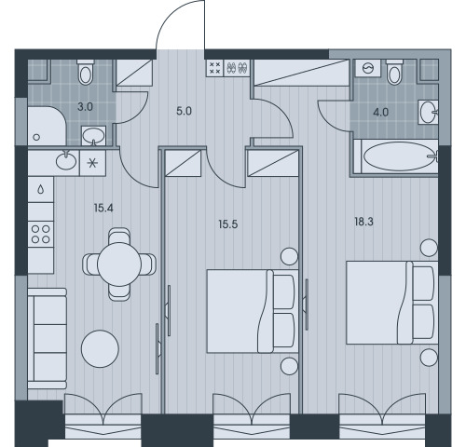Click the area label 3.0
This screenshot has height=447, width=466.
coord(85,107)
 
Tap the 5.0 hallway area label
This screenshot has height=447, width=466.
coord(184,111)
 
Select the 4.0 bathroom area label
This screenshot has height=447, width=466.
coord(380,113)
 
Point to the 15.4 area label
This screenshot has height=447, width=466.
coord(103,208)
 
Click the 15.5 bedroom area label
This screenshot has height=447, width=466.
coord(228,224)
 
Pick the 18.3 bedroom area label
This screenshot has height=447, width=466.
coord(363,222)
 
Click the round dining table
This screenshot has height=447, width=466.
coord(119,264)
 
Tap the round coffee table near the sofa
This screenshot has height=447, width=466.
coord(100,348)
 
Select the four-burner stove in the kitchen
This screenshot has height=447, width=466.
coord(41,234)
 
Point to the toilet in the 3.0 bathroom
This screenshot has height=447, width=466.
coord(86,72)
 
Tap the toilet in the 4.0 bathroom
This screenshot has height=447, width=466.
coord(394,72)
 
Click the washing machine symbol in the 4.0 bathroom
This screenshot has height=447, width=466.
coord(368,68)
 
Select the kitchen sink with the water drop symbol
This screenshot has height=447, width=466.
coord(41,190)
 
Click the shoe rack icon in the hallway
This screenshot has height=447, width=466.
coord(238,68)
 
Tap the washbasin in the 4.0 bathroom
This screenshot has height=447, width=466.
coord(428,112)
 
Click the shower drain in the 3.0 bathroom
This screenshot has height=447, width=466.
coord(36,137)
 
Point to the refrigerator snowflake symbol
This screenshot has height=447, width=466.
coord(92,163)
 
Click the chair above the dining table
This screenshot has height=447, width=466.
coord(119,236)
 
